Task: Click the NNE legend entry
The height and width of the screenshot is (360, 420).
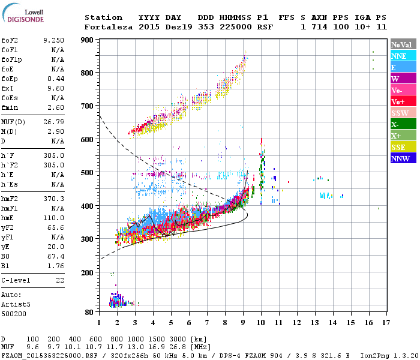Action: [x=403, y=56]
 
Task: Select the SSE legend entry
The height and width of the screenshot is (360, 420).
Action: [x=403, y=147]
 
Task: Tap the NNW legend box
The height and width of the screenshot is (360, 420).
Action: [x=403, y=159]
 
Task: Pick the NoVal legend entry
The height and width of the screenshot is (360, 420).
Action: [x=403, y=44]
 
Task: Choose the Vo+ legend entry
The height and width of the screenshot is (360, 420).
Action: [x=403, y=101]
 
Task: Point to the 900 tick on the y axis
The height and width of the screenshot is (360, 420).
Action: [x=88, y=40]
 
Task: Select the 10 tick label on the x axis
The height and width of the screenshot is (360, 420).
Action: [x=261, y=323]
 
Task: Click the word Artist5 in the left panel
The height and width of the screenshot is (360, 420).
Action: [x=16, y=304]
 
